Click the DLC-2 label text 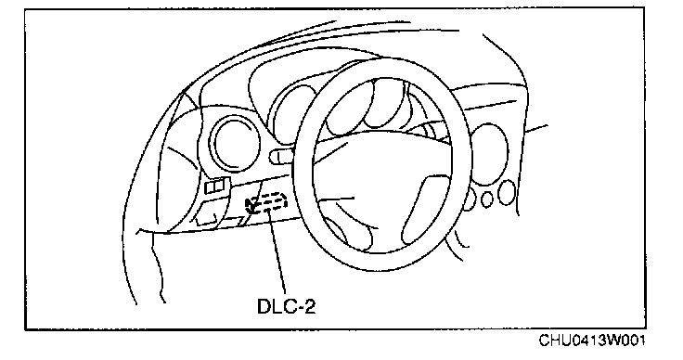click(x=286, y=306)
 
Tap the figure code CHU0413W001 click(x=592, y=340)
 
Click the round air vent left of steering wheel click(x=235, y=143)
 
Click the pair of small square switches click(x=214, y=186)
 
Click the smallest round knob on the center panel click(x=487, y=199)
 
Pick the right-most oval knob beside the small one click(x=507, y=192)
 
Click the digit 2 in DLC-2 click(x=309, y=306)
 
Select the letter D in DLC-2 click(x=264, y=306)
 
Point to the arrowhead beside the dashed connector click(x=250, y=204)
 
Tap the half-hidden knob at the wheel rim click(x=470, y=201)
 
